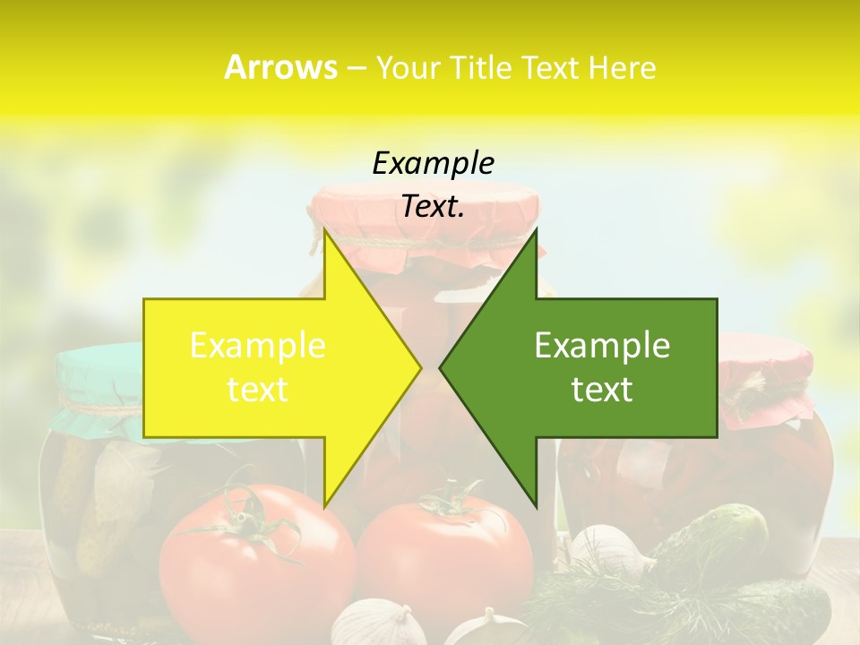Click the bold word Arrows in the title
(x=280, y=67)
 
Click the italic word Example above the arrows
(x=433, y=164)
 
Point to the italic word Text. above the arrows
(x=433, y=207)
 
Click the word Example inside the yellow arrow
(x=258, y=346)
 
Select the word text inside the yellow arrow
(x=258, y=390)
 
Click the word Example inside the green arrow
(x=602, y=346)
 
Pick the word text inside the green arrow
(x=602, y=390)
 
